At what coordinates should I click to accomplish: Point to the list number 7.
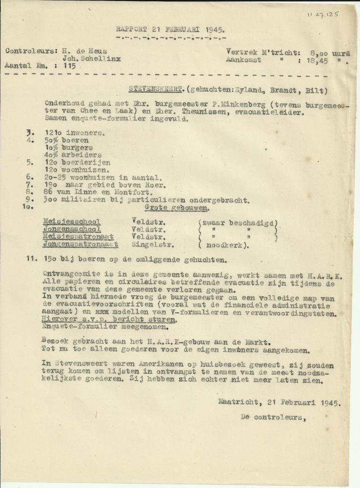click(31, 185)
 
